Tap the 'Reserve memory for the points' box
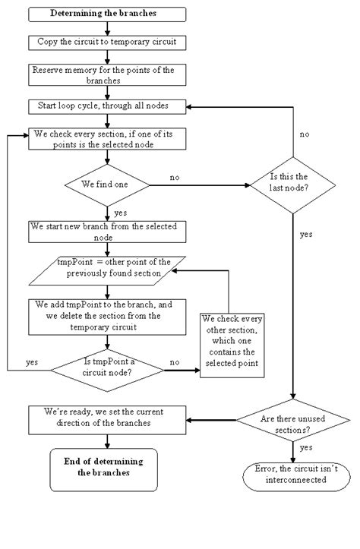pyautogui.click(x=106, y=74)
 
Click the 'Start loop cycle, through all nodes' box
pyautogui.click(x=106, y=106)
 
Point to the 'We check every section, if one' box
pyautogui.click(x=106, y=138)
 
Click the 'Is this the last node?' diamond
pyautogui.click(x=292, y=183)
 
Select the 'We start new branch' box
pyautogui.click(x=106, y=232)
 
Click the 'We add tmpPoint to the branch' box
pyautogui.click(x=106, y=316)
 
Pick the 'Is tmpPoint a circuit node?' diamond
pyautogui.click(x=108, y=370)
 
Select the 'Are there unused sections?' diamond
pyautogui.click(x=292, y=419)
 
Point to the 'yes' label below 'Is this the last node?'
pyautogui.click(x=305, y=235)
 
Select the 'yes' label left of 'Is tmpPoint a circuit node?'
pyautogui.click(x=33, y=362)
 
